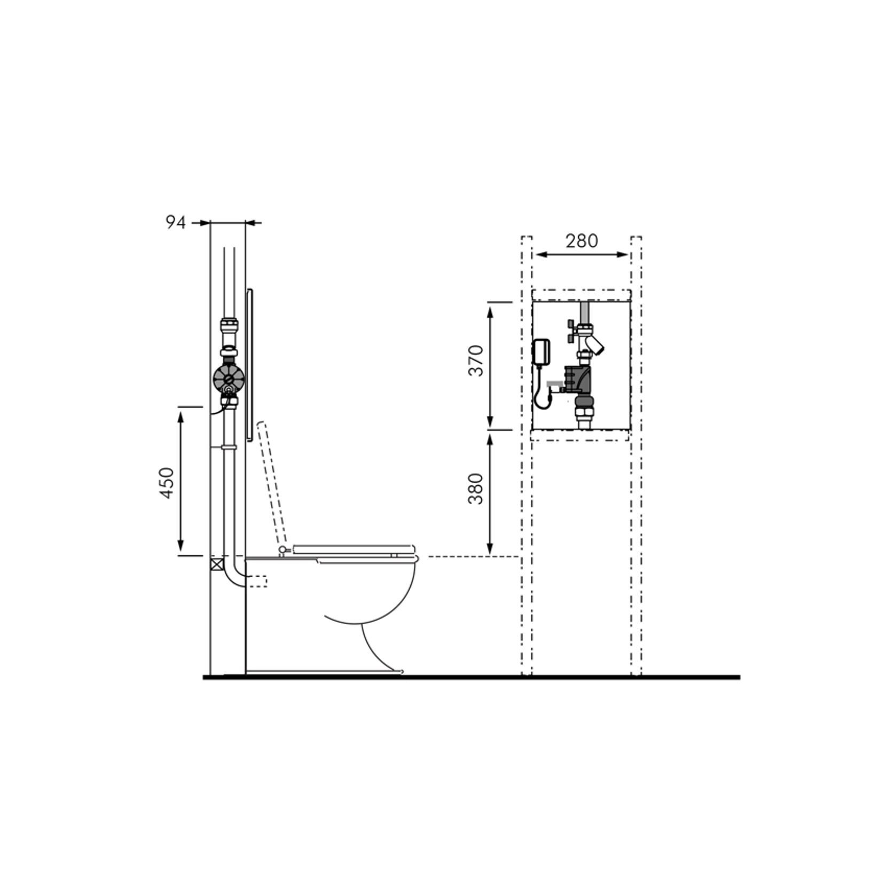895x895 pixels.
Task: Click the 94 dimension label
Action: tap(175, 223)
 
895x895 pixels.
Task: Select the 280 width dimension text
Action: tap(582, 241)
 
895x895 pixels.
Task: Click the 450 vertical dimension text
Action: tap(168, 483)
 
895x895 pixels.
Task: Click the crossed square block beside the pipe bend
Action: tap(216, 564)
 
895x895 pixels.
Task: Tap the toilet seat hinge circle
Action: tap(282, 549)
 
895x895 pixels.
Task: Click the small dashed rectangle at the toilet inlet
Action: tap(258, 581)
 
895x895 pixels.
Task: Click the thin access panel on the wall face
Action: tap(250, 365)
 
